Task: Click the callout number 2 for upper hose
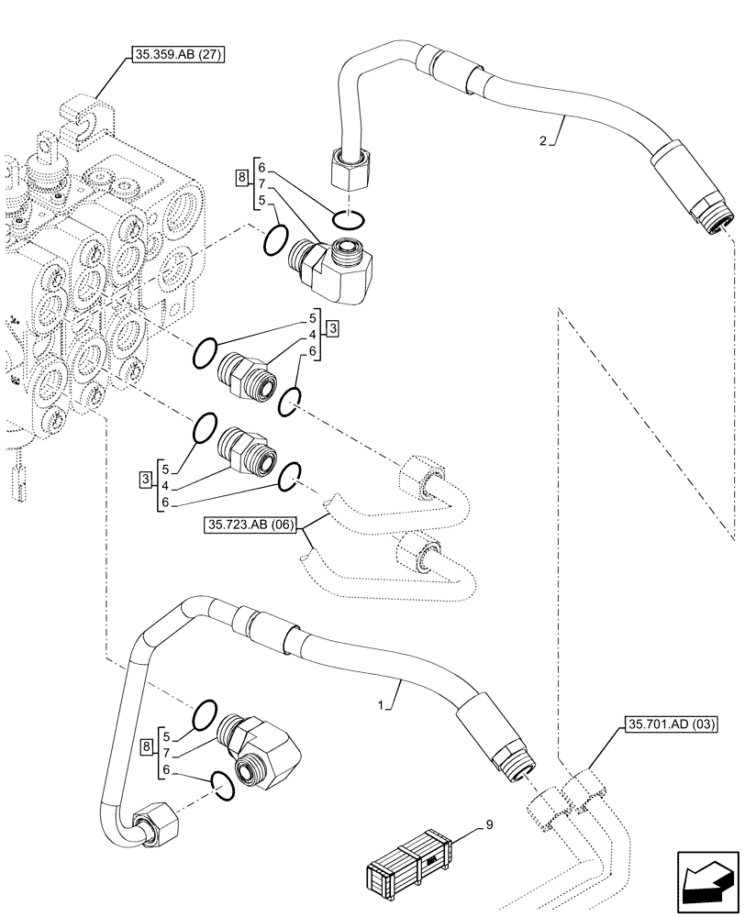pyautogui.click(x=543, y=141)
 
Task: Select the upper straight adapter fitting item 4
pyautogui.click(x=246, y=375)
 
